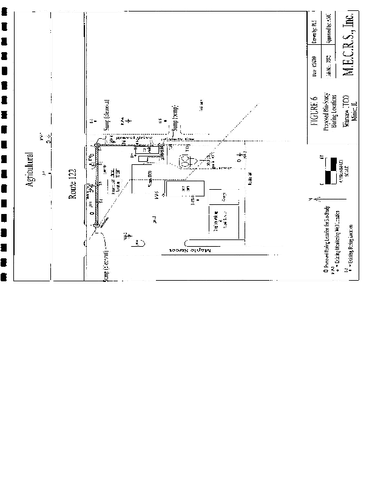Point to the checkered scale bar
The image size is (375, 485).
click(328, 170)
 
